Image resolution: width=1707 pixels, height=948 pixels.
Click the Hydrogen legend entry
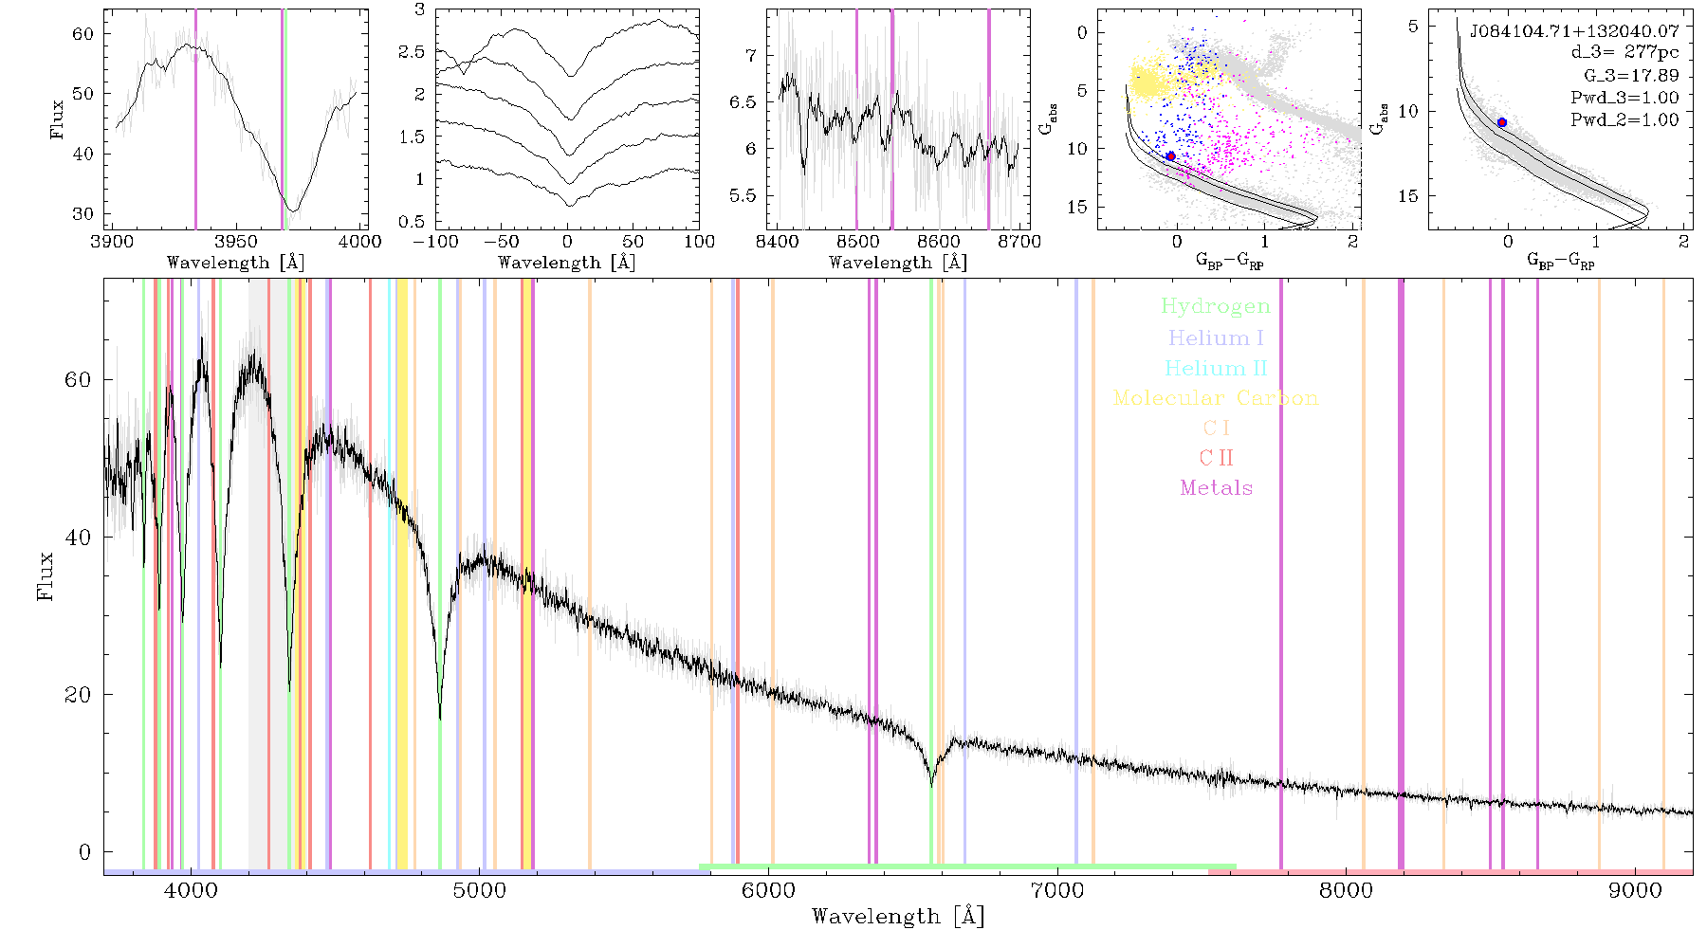1216,306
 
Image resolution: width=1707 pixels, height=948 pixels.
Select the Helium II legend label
1216,368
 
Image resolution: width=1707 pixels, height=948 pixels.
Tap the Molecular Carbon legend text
1216,398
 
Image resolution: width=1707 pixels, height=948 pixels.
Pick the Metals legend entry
1216,488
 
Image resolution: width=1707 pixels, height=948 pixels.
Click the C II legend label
1216,458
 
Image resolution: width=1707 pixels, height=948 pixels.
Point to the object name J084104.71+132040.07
1574,31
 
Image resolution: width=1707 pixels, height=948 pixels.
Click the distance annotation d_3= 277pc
1624,53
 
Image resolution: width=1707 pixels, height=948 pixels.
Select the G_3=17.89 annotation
1631,76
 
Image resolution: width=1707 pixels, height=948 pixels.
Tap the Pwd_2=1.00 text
1624,120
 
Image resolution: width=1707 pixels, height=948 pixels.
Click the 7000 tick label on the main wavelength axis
1057,890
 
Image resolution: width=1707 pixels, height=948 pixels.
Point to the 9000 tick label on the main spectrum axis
1635,890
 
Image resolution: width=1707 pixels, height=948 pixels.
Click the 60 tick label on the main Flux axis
79,379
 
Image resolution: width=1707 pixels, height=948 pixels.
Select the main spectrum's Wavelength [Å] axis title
898,917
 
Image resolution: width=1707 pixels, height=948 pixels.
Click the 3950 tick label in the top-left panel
236,242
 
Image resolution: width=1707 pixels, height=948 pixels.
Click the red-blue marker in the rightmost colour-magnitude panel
1502,122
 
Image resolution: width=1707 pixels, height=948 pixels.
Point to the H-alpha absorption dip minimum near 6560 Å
931,786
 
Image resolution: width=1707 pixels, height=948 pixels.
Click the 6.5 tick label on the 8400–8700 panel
744,102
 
